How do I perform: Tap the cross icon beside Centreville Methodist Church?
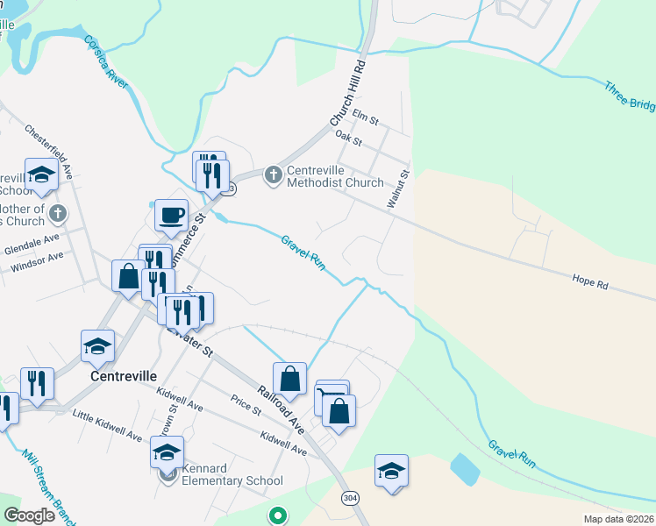pyautogui.click(x=274, y=175)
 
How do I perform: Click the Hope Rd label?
pyautogui.click(x=589, y=282)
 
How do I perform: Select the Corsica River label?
pyautogui.click(x=106, y=65)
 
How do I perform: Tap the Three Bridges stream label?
pyautogui.click(x=629, y=96)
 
